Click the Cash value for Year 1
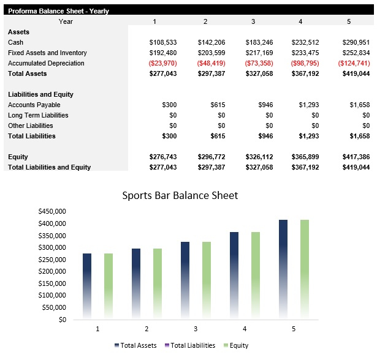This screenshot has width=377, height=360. (163, 42)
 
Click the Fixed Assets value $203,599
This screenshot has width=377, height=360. (211, 53)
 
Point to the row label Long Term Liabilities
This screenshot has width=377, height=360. (38, 115)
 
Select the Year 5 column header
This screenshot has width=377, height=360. (348, 21)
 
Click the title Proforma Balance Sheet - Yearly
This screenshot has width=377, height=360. (58, 11)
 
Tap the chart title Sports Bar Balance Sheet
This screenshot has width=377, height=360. (180, 196)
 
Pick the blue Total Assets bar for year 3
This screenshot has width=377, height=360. (185, 279)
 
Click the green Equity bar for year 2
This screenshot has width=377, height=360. (158, 282)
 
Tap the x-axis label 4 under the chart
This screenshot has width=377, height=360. (244, 329)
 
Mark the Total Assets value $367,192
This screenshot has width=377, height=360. (305, 73)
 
